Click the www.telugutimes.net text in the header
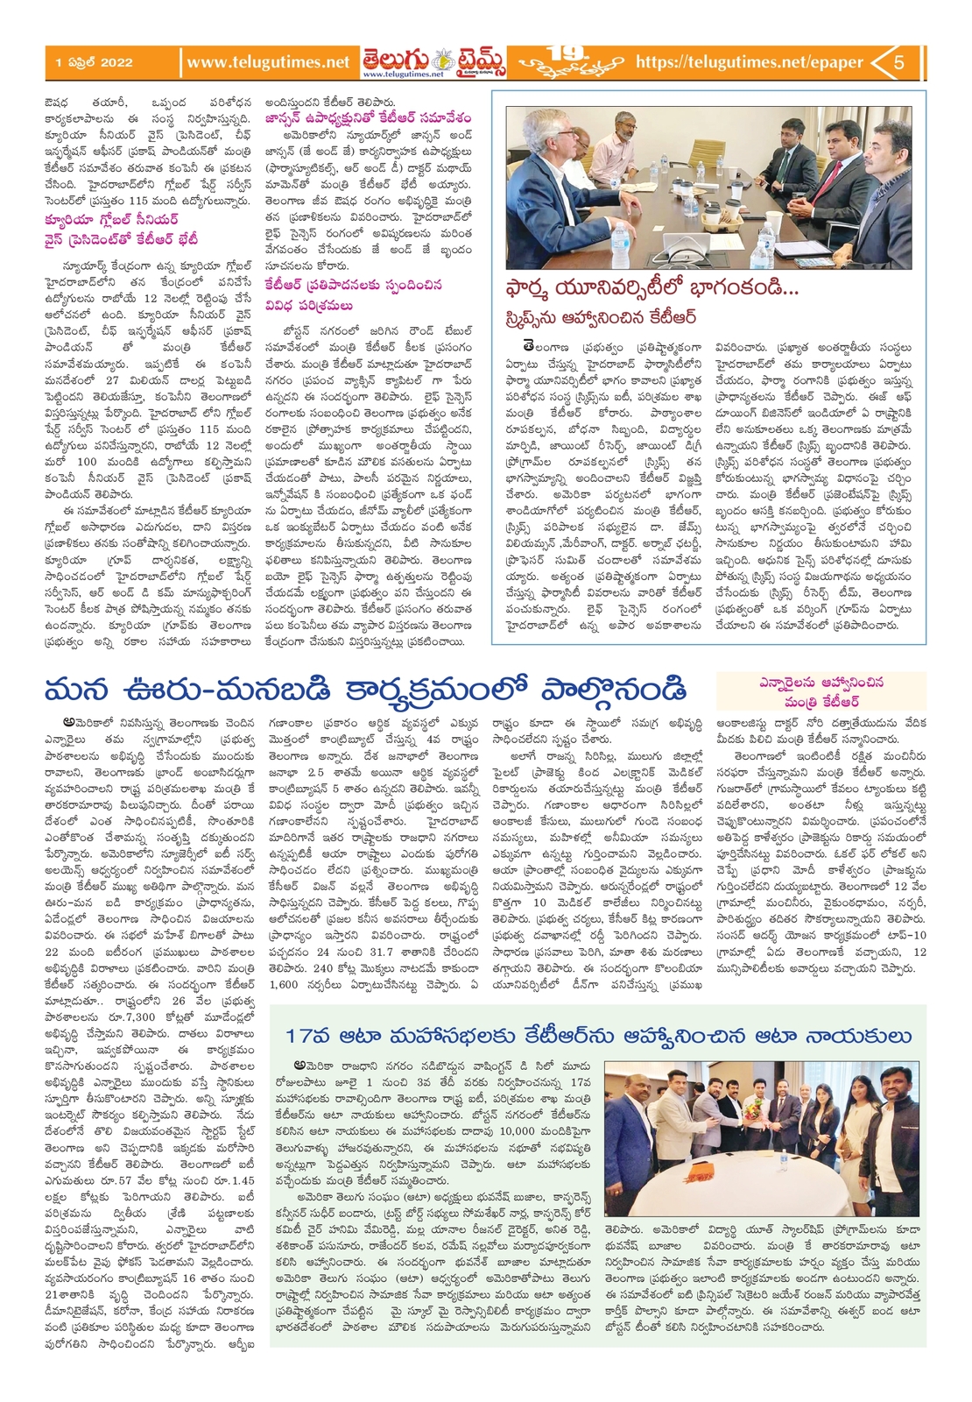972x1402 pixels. (x=268, y=62)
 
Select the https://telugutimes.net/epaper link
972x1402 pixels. (x=749, y=62)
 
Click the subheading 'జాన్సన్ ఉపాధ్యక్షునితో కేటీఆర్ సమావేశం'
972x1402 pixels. (x=368, y=117)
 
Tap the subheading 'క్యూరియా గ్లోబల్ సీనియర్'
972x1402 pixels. (x=111, y=220)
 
